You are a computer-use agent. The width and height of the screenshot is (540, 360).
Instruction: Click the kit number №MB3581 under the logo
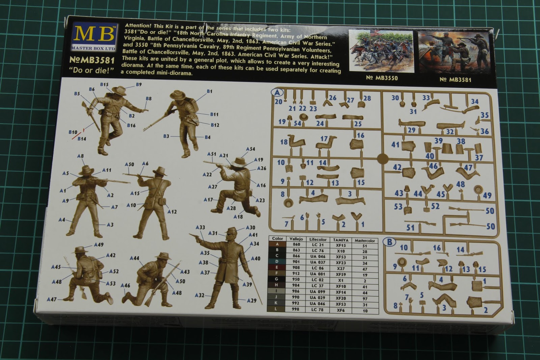click(92, 60)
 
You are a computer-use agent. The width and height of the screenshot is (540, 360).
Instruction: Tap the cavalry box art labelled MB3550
click(381, 51)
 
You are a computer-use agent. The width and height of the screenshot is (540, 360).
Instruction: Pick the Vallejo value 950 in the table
click(296, 280)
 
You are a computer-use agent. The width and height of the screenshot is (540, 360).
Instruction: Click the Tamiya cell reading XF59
click(341, 274)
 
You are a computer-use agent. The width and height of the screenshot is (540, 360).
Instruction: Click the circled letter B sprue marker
click(389, 242)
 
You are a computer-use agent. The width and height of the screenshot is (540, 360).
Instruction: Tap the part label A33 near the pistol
click(200, 227)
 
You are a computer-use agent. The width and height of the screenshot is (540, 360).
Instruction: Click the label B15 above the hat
click(104, 84)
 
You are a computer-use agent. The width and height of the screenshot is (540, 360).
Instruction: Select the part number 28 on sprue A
click(367, 98)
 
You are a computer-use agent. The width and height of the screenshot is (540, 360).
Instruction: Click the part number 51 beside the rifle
click(410, 227)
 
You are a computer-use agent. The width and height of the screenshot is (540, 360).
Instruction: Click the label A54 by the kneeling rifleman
click(250, 149)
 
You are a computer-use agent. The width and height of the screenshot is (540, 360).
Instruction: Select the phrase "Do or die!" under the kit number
click(92, 71)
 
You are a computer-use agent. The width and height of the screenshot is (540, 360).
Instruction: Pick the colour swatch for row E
click(277, 268)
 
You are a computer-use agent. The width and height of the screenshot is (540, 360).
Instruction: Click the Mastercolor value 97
click(364, 299)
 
